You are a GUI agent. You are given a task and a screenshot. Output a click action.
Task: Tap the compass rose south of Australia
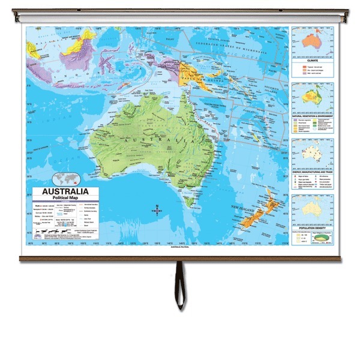[x=157, y=210]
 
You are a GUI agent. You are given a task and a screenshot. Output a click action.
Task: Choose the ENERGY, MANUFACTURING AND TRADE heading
[x=313, y=172]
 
